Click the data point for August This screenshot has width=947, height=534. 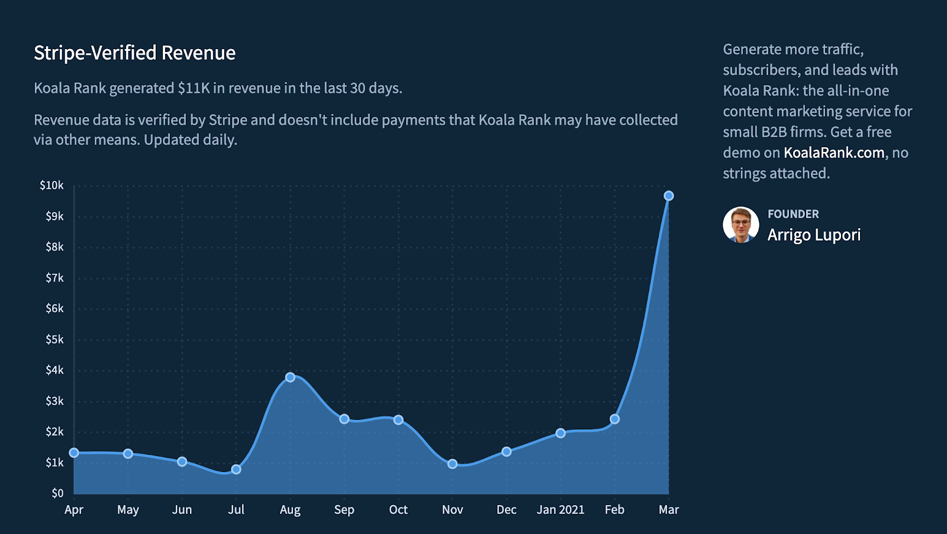tap(290, 377)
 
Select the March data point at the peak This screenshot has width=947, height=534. tap(668, 196)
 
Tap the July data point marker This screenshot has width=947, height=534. tap(236, 470)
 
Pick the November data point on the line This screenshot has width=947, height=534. tap(452, 464)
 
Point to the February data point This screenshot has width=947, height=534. tap(615, 419)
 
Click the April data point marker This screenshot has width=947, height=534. tap(74, 453)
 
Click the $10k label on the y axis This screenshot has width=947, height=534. tap(51, 185)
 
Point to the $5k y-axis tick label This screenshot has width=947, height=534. tap(54, 339)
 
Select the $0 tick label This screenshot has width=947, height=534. tap(57, 493)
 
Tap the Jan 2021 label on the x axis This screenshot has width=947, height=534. tap(561, 510)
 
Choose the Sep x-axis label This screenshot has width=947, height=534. tap(344, 510)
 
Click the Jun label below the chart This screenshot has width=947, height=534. tap(182, 510)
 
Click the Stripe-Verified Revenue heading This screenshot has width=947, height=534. tap(134, 53)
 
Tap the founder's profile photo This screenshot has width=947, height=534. tap(740, 225)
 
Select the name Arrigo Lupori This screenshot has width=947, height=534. tap(814, 235)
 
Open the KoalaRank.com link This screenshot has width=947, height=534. tap(834, 153)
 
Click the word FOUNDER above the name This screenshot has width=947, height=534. tap(793, 213)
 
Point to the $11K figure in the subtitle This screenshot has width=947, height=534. tap(194, 88)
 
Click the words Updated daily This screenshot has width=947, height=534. tap(190, 140)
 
